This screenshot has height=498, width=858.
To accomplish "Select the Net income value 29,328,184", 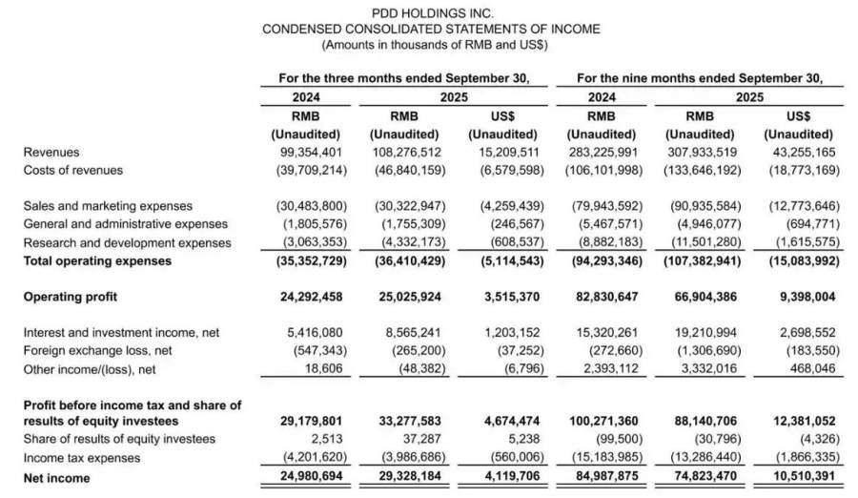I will click(405, 478).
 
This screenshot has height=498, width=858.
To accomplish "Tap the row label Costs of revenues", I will click(73, 171).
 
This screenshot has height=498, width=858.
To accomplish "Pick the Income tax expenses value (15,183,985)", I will click(603, 459).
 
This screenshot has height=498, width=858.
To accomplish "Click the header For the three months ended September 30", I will click(403, 78).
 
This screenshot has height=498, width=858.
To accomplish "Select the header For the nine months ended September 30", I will click(700, 78).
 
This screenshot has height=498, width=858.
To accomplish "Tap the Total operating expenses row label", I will click(97, 260).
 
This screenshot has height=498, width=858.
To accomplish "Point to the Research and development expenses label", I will click(127, 242).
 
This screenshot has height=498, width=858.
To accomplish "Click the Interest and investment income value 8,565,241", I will click(405, 332).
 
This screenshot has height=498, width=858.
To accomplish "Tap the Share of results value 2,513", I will click(328, 440).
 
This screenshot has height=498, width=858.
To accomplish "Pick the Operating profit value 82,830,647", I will click(604, 297).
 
